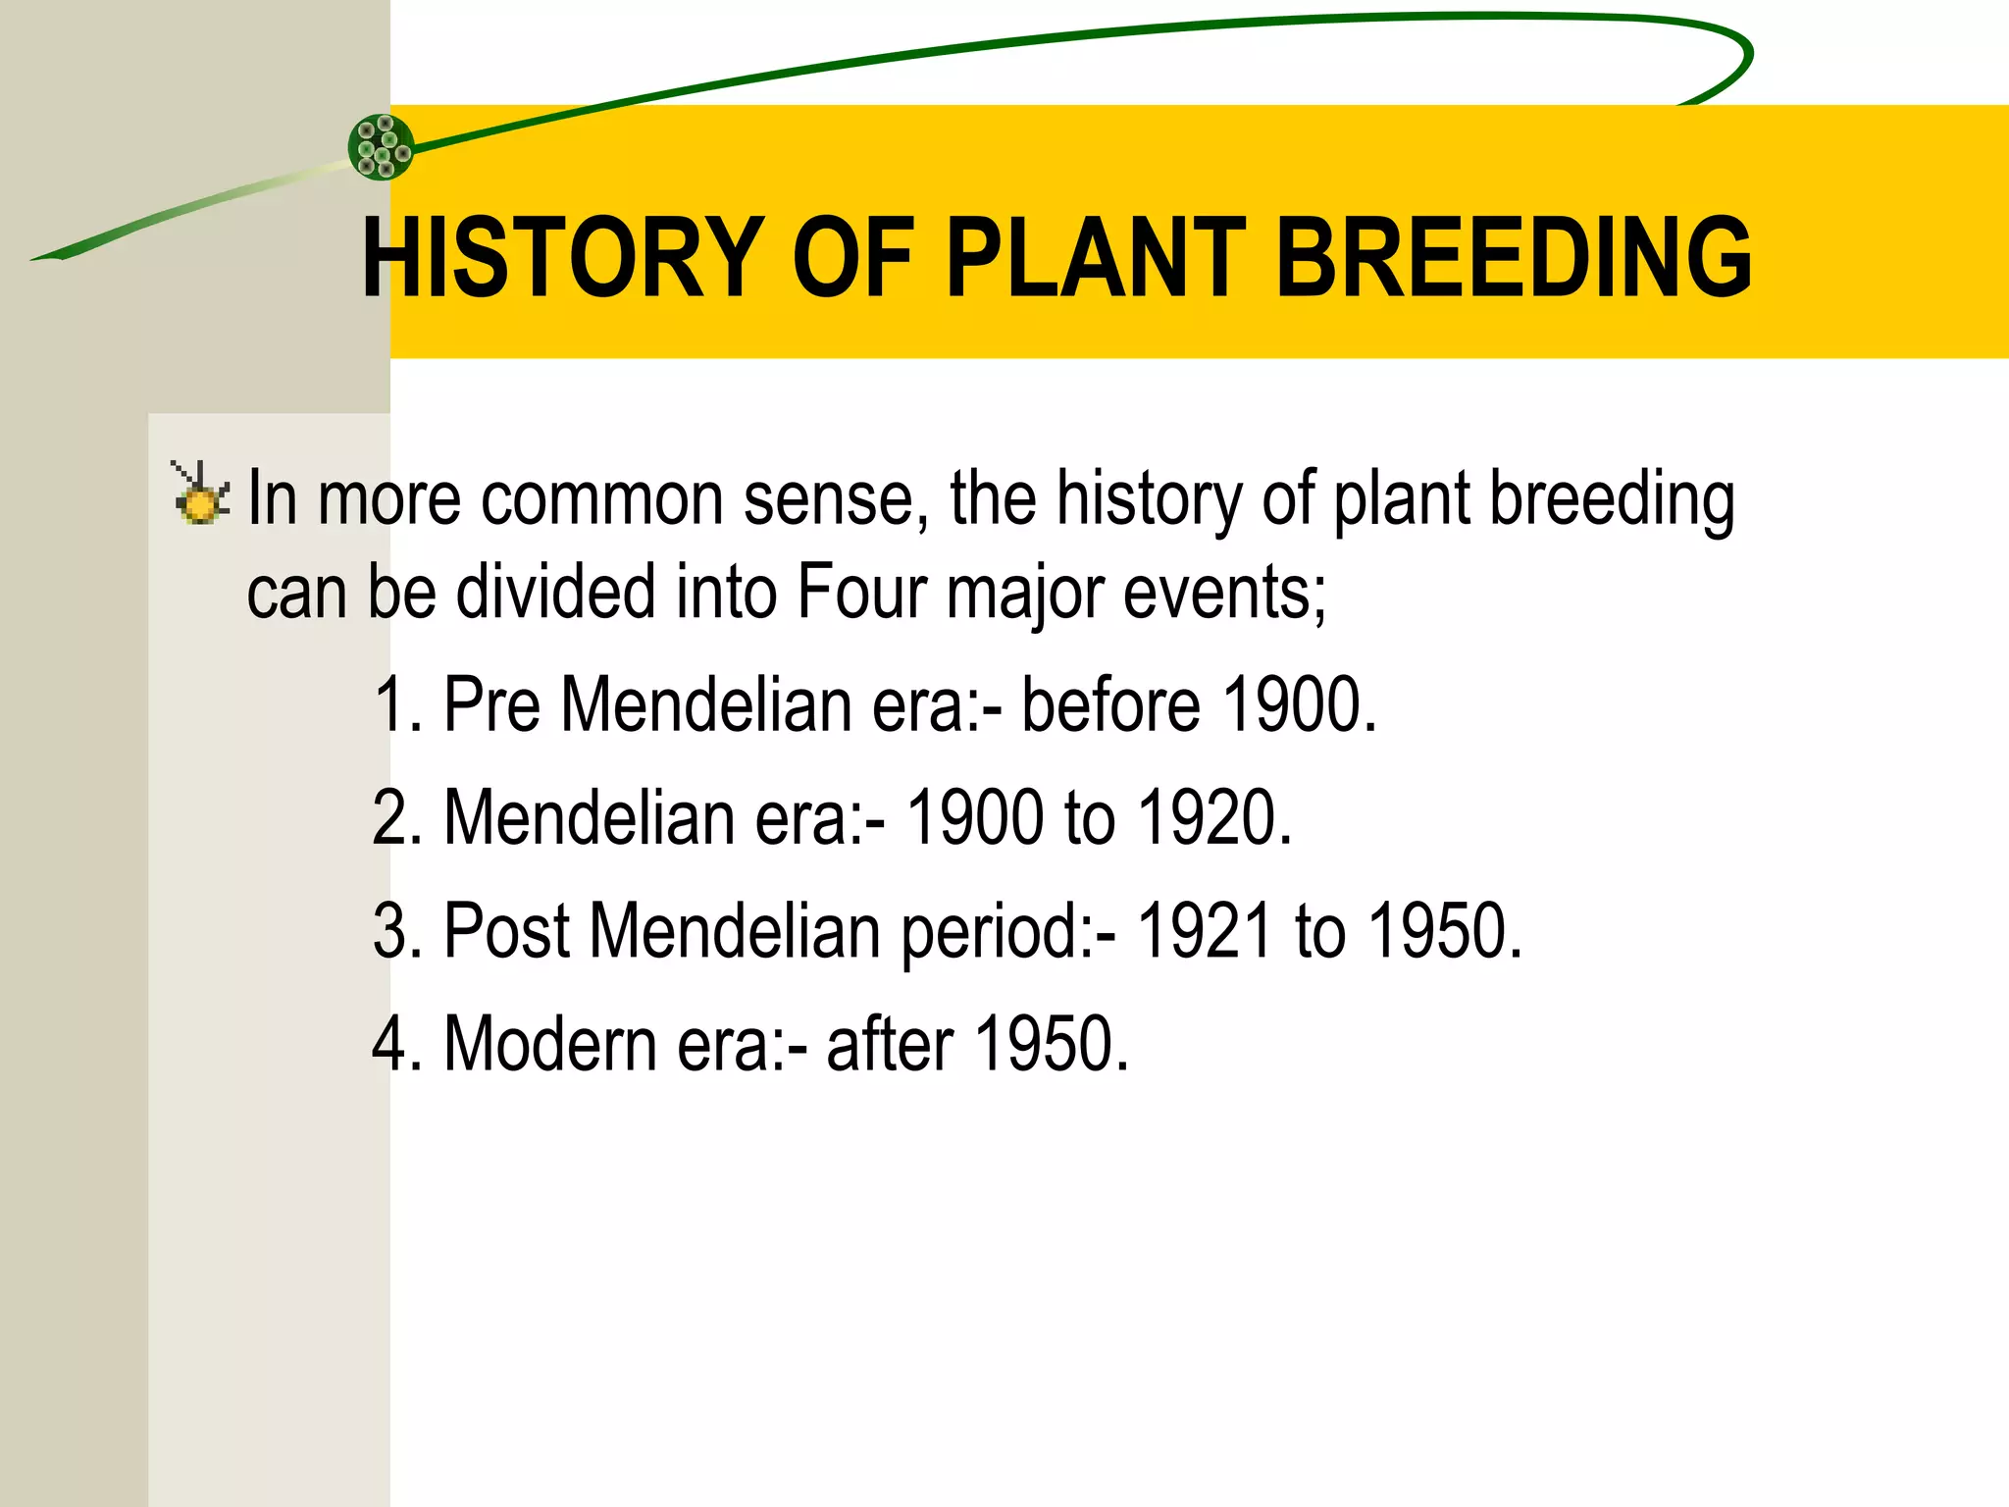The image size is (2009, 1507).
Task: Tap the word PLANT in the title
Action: (1095, 258)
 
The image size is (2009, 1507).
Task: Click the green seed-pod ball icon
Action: (382, 147)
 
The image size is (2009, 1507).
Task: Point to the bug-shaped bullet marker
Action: (200, 493)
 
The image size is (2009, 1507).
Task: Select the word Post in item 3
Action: (506, 930)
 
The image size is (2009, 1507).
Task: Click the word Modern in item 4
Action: (550, 1043)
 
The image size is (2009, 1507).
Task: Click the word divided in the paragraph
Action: (555, 592)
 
